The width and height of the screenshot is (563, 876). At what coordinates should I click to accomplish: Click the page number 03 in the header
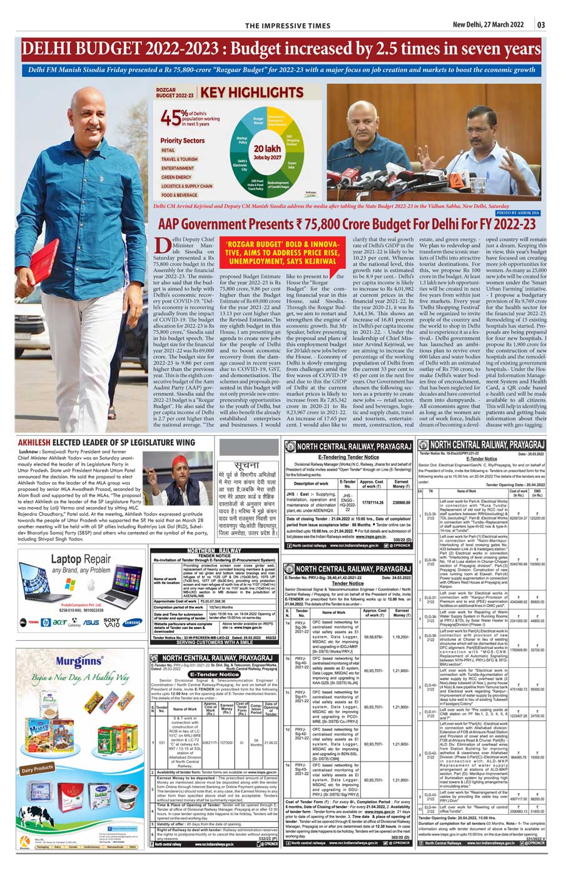(541, 25)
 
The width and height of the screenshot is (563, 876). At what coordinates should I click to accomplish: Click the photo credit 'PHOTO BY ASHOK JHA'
(517, 213)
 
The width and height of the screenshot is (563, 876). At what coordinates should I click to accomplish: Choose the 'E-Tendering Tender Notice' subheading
(348, 457)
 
